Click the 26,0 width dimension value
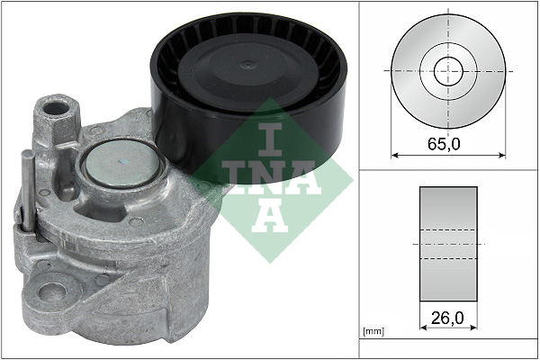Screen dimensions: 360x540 tap(448, 319)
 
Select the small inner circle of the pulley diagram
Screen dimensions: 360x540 tap(447, 71)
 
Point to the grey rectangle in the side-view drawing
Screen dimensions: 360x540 tap(448, 244)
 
